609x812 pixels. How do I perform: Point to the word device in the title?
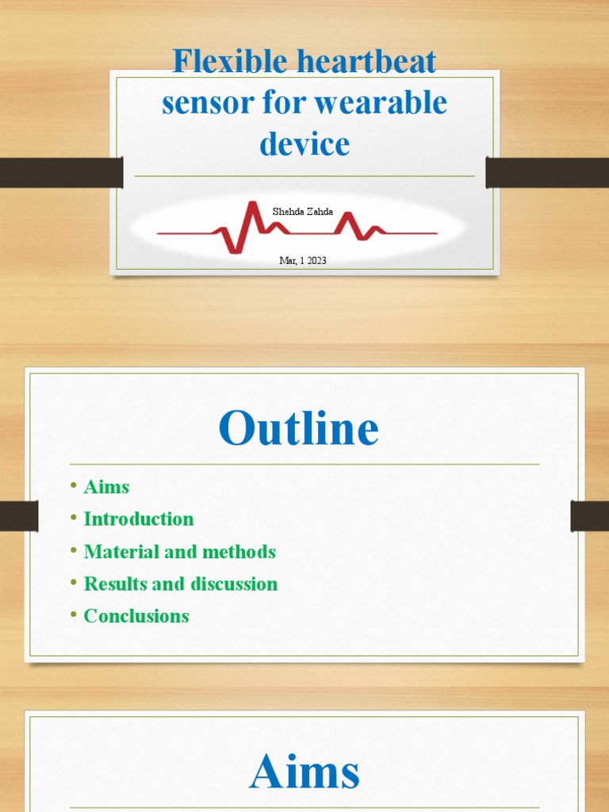pos(304,144)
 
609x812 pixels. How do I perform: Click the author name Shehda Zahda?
pos(303,212)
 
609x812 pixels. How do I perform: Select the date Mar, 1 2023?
pos(303,259)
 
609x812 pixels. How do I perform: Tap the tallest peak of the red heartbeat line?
pos(254,205)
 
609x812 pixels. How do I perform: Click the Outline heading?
pos(299,428)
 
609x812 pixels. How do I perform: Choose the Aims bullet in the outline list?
pos(106,487)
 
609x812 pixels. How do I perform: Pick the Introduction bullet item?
pos(139,519)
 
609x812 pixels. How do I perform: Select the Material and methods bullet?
pos(179,552)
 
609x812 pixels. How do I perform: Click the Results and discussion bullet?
pos(181,584)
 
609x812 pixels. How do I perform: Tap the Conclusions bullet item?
pos(136,616)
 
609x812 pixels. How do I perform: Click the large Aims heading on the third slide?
pos(304,772)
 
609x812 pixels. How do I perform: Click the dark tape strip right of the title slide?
pos(547,172)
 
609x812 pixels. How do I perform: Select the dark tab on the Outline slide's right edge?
pos(590,515)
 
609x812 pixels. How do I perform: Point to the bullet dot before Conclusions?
pos(73,615)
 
